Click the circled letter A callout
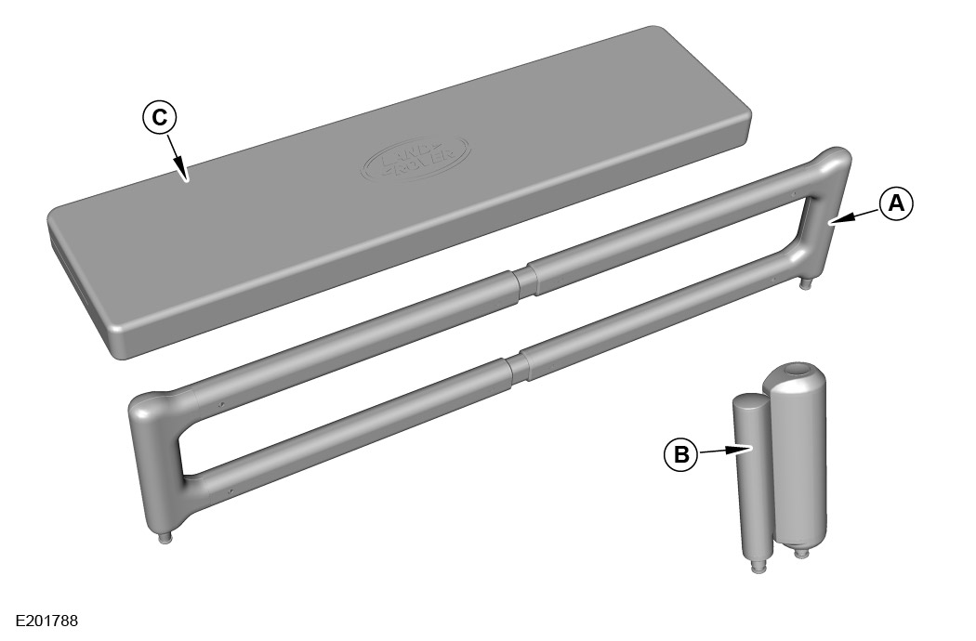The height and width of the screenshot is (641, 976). point(896,203)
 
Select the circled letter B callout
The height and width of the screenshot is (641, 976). point(681,455)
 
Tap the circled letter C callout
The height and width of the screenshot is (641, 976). point(159,117)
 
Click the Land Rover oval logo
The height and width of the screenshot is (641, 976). point(416,159)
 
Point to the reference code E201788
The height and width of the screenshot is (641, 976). point(47,621)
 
